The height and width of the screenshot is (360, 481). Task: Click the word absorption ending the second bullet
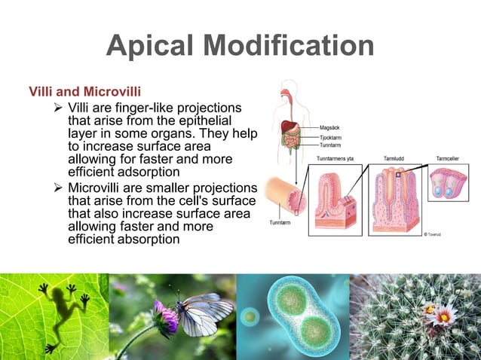133,239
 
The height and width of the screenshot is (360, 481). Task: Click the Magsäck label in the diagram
329,128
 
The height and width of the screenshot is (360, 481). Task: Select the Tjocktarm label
331,137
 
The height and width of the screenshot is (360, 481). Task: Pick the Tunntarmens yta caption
335,159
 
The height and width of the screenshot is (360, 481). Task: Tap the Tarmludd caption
394,159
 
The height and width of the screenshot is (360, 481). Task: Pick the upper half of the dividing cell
290,296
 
